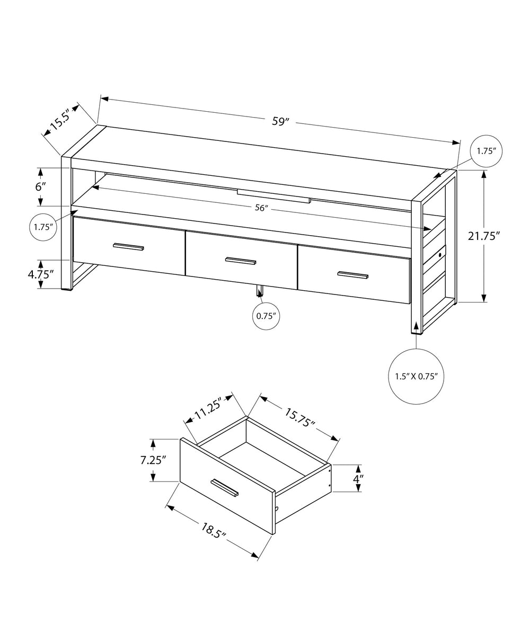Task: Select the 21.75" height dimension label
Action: point(484,236)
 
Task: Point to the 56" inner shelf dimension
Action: point(260,208)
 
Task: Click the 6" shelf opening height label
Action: point(41,186)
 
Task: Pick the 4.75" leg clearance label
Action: point(41,274)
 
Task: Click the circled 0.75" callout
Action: point(265,316)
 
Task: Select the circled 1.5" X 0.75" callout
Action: point(416,377)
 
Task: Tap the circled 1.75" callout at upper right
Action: point(486,151)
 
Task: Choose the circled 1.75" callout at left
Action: point(42,227)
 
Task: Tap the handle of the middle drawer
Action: point(241,260)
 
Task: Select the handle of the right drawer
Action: point(353,274)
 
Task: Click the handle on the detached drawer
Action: point(225,488)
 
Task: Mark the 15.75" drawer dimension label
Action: point(299,417)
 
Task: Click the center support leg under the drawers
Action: point(260,291)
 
